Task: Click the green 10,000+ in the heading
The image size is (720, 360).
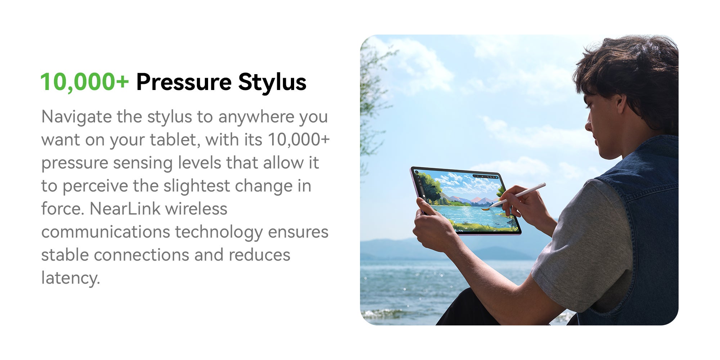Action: pyautogui.click(x=84, y=82)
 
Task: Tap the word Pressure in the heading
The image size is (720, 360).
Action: pyautogui.click(x=184, y=82)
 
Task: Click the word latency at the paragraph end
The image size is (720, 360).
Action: pyautogui.click(x=70, y=278)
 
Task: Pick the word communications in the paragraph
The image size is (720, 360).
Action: pyautogui.click(x=106, y=232)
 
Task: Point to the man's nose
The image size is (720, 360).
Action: pyautogui.click(x=588, y=125)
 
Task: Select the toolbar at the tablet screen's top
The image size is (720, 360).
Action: pyautogui.click(x=485, y=177)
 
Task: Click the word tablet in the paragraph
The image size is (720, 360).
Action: pyautogui.click(x=175, y=140)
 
